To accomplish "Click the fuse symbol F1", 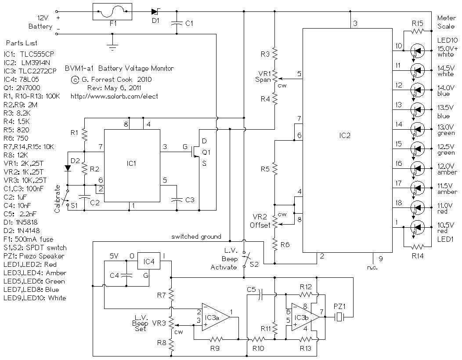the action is (112, 12).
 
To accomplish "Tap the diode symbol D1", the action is (155, 11).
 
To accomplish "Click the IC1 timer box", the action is (132, 166).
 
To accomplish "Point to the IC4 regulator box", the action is (149, 261).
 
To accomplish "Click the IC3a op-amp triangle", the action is (216, 317).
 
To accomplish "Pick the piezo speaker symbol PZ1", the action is (340, 317).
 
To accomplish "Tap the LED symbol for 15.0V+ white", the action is (417, 51).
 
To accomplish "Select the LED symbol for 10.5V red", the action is (417, 227).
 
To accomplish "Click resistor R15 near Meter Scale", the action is (418, 30).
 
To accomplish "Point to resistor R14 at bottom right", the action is (418, 246).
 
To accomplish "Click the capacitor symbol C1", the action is (177, 23).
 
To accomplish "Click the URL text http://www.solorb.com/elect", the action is (114, 96).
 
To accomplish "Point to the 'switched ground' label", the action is (196, 236).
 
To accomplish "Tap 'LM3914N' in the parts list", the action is (36, 62).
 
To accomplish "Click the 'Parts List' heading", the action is (22, 43).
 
